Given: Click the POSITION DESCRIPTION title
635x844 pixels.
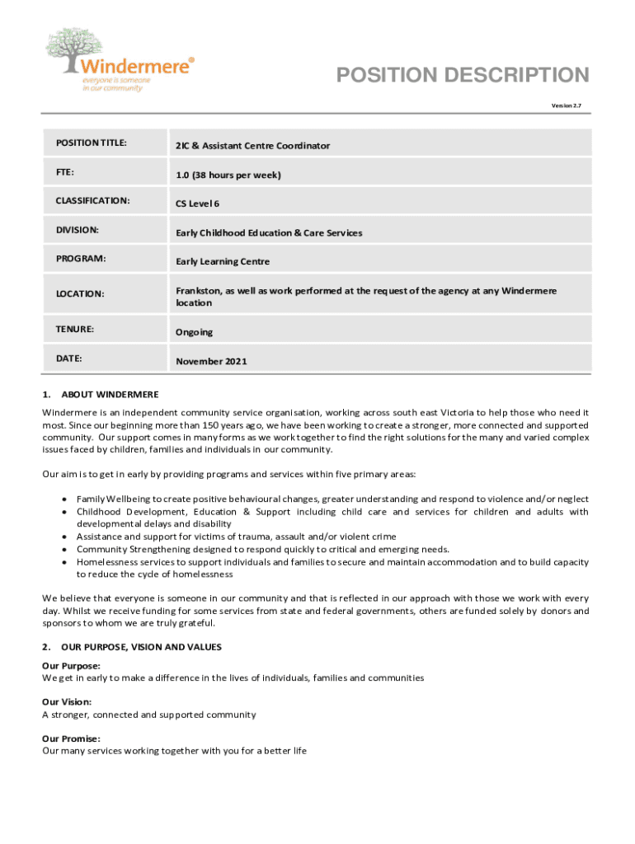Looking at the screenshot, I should (x=463, y=76).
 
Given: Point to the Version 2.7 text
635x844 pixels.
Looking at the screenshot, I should (x=566, y=106).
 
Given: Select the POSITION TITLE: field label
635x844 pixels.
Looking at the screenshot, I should (x=91, y=143).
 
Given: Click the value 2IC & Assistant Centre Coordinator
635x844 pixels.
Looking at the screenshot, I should (x=252, y=146).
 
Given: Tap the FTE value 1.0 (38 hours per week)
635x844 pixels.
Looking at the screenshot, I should (x=228, y=175).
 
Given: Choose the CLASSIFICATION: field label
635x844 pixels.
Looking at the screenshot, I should (x=92, y=200).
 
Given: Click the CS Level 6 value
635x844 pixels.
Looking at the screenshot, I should (x=197, y=204).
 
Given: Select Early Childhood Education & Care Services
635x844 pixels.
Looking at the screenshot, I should (x=268, y=233).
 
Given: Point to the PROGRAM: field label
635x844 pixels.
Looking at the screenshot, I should (x=82, y=259).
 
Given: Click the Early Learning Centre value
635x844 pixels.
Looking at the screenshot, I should (x=222, y=262).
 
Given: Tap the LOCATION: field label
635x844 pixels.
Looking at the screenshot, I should (x=80, y=293).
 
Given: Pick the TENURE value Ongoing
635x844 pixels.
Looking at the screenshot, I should (x=193, y=332).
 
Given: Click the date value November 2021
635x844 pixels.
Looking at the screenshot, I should (x=210, y=361).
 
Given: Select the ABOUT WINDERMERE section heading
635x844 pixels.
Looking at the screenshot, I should (x=110, y=395).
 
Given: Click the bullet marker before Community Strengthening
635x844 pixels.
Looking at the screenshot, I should (x=64, y=549).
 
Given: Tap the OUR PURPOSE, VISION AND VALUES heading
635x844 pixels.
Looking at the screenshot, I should (x=141, y=647).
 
